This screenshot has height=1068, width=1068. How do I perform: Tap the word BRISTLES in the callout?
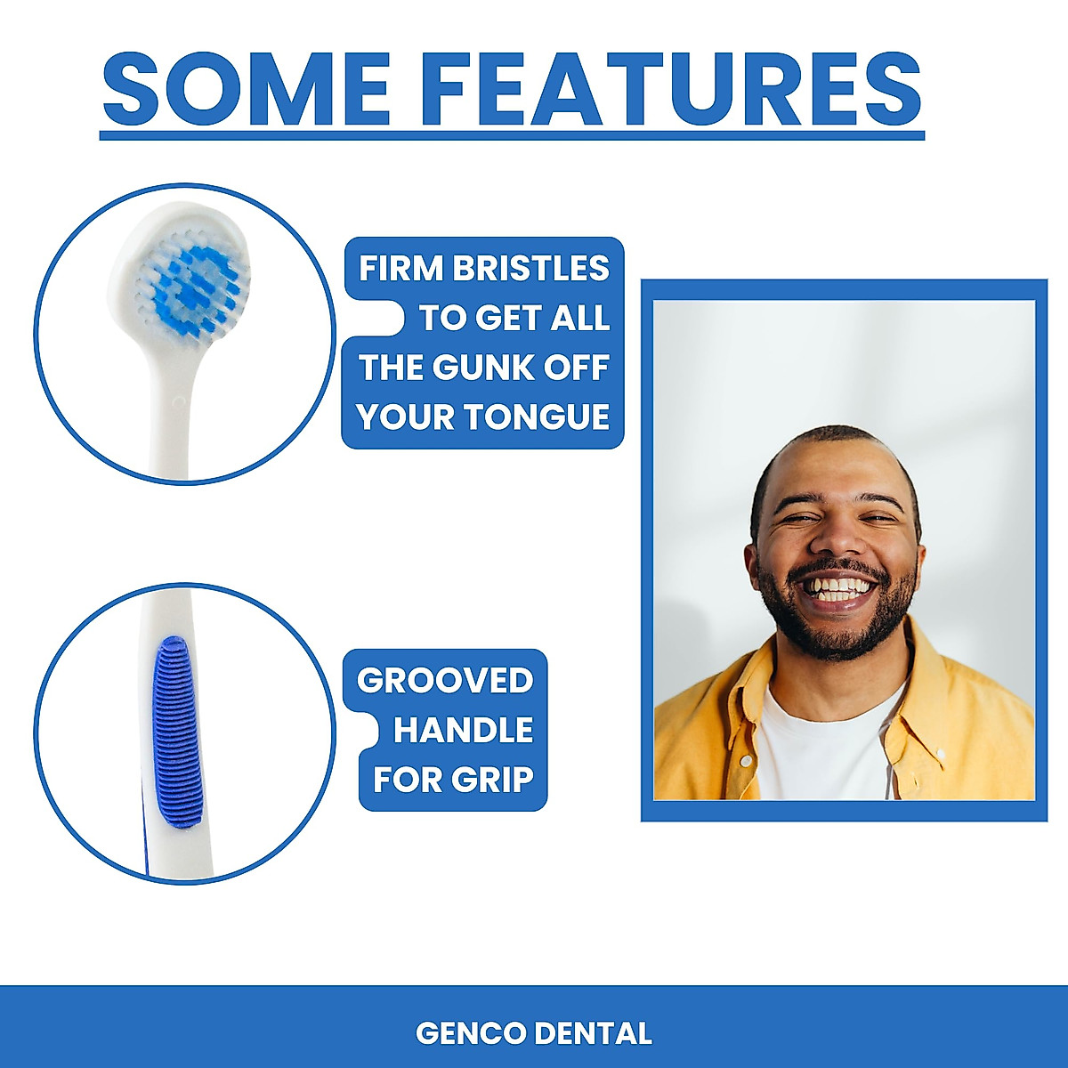pos(531,268)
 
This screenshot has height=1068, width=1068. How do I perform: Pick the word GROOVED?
pos(445,681)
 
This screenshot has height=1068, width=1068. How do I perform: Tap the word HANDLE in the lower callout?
pos(463,730)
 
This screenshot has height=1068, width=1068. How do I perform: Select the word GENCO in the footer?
pos(472,1033)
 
